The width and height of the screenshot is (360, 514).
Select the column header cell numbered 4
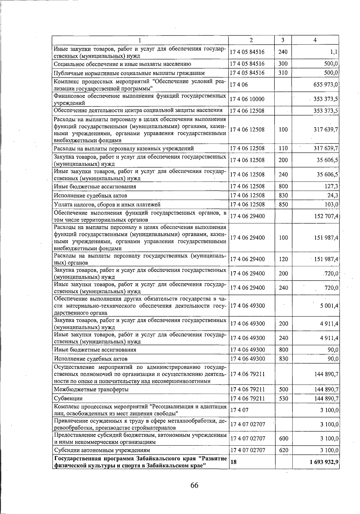[x=315, y=40]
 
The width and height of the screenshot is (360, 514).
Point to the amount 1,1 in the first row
[x=334, y=52]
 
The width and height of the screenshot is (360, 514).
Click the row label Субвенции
[x=68, y=399]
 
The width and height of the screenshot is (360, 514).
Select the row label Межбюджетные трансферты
[x=91, y=390]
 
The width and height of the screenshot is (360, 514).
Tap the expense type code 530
[x=283, y=399]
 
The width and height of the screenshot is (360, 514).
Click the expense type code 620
[x=283, y=450]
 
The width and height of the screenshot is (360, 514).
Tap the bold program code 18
[x=233, y=462]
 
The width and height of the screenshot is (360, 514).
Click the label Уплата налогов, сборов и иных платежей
[x=107, y=204]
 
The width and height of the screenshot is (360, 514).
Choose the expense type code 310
[x=283, y=73]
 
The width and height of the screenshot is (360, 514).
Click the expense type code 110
[x=283, y=148]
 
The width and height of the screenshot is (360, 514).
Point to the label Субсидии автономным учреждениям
[x=102, y=450]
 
